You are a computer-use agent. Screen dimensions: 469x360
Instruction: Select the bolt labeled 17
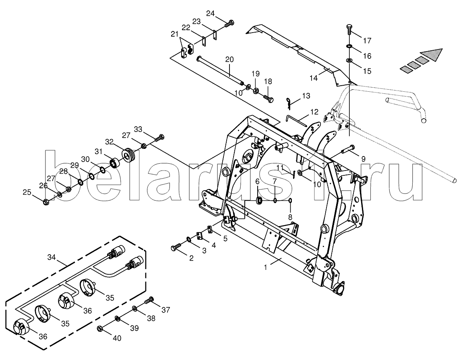click(x=350, y=29)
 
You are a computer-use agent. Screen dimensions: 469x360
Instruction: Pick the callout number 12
click(x=314, y=112)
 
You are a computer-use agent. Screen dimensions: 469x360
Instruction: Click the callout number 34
click(x=52, y=257)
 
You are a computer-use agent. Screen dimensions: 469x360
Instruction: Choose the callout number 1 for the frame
click(x=265, y=267)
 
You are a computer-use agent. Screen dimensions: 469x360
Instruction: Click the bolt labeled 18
click(x=268, y=98)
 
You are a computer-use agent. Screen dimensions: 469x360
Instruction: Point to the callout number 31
click(x=99, y=152)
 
